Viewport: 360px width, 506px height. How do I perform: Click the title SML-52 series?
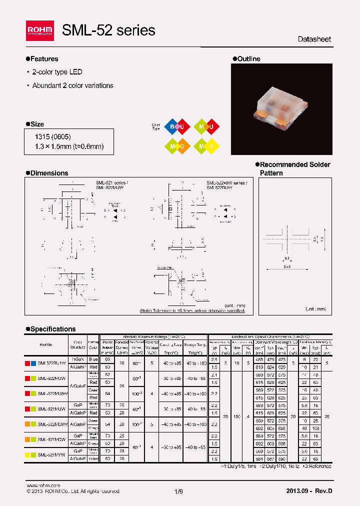pos(108,30)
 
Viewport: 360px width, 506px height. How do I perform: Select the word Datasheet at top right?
pos(314,39)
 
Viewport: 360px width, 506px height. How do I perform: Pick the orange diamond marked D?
pos(182,145)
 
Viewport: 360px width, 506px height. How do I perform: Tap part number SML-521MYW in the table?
pos(51,454)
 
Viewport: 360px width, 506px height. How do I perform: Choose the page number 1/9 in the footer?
pos(179,491)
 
